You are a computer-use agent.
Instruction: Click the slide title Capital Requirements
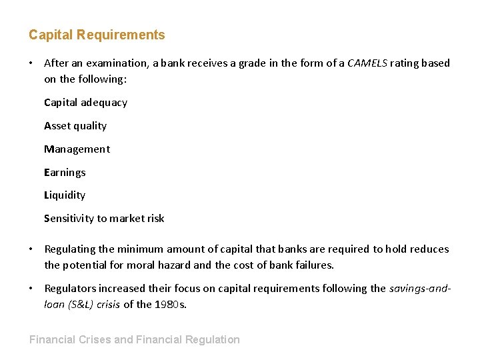click(x=97, y=35)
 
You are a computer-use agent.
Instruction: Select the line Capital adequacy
click(x=85, y=103)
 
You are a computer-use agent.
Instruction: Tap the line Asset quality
click(x=75, y=126)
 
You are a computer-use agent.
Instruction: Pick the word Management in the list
click(x=77, y=149)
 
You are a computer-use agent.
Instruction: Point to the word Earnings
click(x=65, y=173)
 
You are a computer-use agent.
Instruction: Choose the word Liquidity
click(x=65, y=195)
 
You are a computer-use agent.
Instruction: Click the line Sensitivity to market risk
click(x=104, y=219)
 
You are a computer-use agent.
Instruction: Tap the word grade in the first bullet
click(x=231, y=63)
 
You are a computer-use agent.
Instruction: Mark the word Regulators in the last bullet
click(x=70, y=289)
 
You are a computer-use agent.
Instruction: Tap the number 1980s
click(x=173, y=305)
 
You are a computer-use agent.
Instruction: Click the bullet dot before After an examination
click(x=31, y=63)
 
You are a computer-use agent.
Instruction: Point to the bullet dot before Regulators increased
click(x=31, y=289)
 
